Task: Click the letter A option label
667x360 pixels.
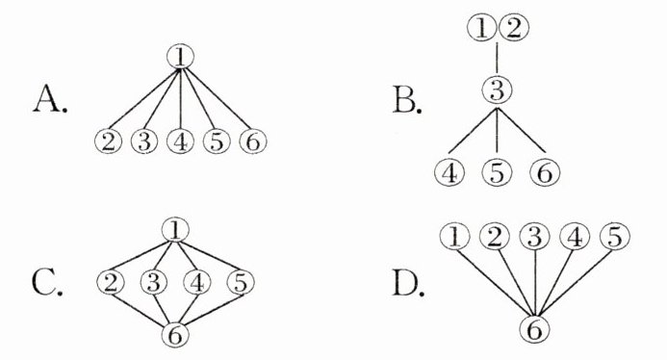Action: click(50, 99)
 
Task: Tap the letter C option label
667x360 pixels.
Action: click(47, 283)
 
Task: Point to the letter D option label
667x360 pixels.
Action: click(408, 283)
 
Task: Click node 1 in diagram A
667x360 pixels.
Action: click(180, 57)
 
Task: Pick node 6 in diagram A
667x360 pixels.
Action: click(253, 141)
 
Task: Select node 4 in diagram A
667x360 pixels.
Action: click(180, 141)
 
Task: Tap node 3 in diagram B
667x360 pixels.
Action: click(497, 90)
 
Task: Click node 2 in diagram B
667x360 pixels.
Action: click(514, 28)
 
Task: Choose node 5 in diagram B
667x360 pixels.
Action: click(497, 172)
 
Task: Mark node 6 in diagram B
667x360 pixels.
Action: click(546, 172)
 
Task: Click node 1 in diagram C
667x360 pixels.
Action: click(175, 230)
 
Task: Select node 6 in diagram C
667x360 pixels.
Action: click(175, 334)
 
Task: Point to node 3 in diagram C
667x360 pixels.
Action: click(154, 283)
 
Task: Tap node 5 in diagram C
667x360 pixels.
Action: click(241, 283)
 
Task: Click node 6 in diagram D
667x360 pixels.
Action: click(535, 329)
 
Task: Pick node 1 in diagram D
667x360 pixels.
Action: click(454, 237)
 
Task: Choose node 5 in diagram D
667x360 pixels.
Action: click(615, 237)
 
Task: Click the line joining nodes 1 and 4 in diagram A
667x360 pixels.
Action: click(180, 99)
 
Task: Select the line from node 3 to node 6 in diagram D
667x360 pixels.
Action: click(535, 283)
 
